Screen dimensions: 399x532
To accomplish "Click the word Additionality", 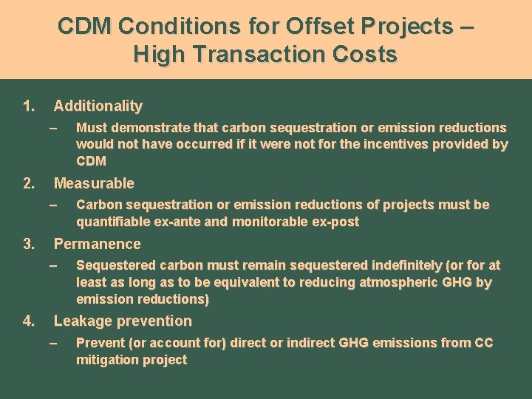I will point(98,106).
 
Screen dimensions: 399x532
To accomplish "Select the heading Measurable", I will point(94,183).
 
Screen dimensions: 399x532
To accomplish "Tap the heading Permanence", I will point(97,244).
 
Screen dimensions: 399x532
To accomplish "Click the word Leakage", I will point(80,321).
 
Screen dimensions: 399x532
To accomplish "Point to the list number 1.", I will point(28,106).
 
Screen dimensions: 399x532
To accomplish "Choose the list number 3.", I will point(28,244).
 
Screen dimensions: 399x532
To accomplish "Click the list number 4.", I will point(28,321).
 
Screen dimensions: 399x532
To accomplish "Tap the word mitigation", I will point(106,360).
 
